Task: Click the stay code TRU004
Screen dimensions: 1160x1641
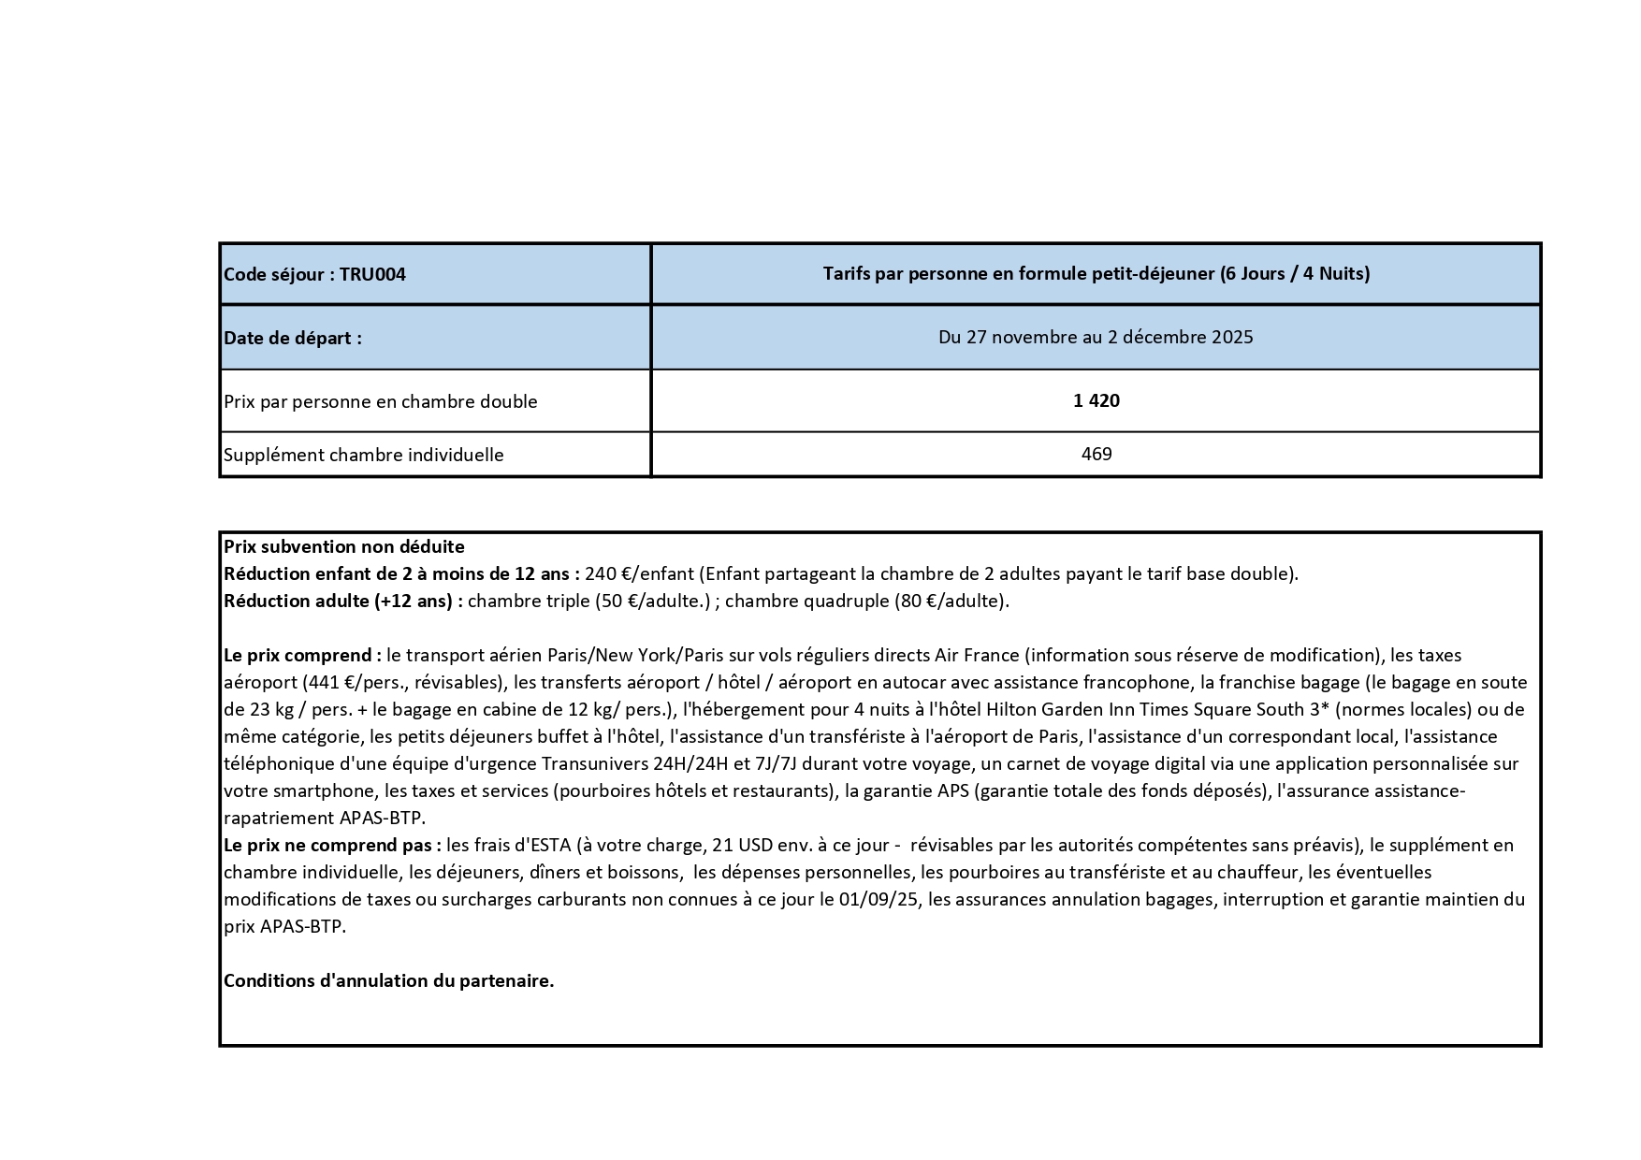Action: pyautogui.click(x=372, y=275)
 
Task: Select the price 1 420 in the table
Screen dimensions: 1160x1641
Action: pyautogui.click(x=1096, y=401)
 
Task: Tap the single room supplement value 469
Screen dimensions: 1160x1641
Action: pyautogui.click(x=1096, y=455)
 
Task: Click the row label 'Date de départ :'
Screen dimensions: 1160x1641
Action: pyautogui.click(x=292, y=338)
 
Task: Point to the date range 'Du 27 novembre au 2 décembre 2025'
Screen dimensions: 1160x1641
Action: pyautogui.click(x=1096, y=337)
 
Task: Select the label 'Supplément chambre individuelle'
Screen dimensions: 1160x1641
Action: pyautogui.click(x=363, y=456)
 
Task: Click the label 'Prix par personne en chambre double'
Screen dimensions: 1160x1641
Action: pyautogui.click(x=380, y=402)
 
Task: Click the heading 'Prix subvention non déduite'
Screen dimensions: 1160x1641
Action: pyautogui.click(x=343, y=546)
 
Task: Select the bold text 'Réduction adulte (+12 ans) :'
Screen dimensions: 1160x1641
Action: pyautogui.click(x=342, y=601)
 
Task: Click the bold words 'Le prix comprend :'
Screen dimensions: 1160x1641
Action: pyautogui.click(x=301, y=655)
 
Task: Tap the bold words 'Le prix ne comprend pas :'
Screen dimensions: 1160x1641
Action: pyautogui.click(x=332, y=845)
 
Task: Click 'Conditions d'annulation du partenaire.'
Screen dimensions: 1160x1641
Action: pyautogui.click(x=388, y=981)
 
